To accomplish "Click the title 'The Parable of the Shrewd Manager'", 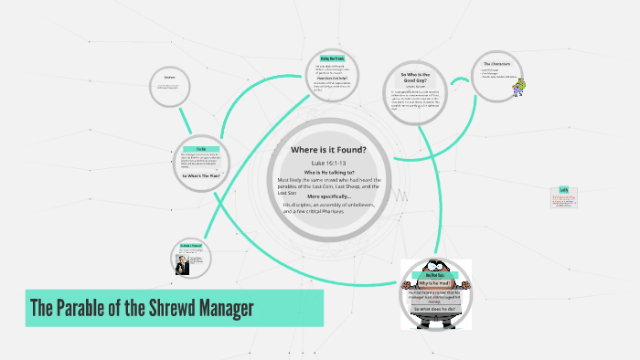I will pos(142,309).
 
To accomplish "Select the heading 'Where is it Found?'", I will pos(328,150).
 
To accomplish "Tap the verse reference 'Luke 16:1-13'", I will pos(328,163).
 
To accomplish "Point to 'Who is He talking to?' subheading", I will pos(328,172).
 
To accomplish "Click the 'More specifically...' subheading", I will pos(328,196).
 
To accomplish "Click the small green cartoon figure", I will pos(521,87).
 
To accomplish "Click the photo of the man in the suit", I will pos(182,261).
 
